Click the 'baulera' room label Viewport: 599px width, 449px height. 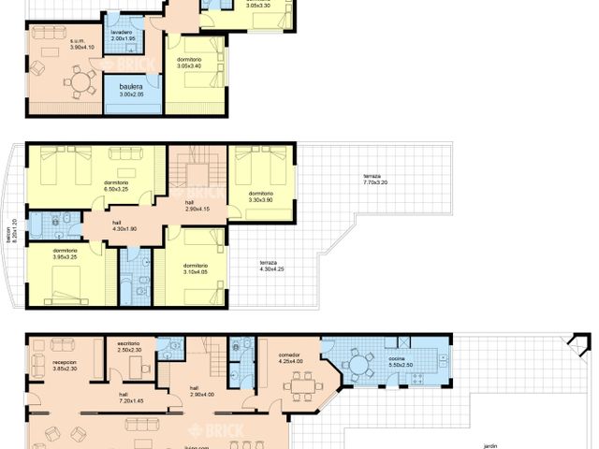click(x=132, y=89)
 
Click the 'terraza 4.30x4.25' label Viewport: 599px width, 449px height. click(x=273, y=268)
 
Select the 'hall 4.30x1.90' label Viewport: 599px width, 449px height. click(x=98, y=225)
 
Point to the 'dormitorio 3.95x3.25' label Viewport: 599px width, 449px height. click(x=65, y=253)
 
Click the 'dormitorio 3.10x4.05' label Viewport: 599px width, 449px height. click(x=195, y=268)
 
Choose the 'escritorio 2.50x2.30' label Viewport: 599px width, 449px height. click(x=129, y=346)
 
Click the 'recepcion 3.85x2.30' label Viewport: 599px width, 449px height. click(x=65, y=365)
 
